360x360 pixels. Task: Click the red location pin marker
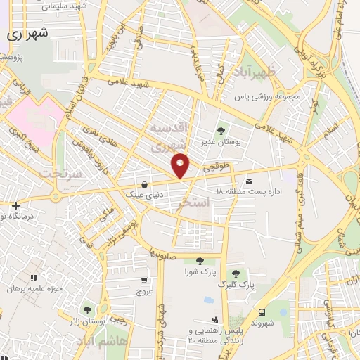pyautogui.click(x=181, y=165)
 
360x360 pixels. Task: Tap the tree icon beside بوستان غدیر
pyautogui.click(x=221, y=130)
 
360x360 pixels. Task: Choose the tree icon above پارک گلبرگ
pyautogui.click(x=236, y=274)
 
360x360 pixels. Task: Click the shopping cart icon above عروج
pyautogui.click(x=144, y=279)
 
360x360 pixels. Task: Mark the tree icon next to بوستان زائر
pyautogui.click(x=87, y=309)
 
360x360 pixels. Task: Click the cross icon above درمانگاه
pyautogui.click(x=15, y=205)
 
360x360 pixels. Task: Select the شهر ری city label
pyautogui.click(x=28, y=33)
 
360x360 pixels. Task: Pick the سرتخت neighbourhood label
pyautogui.click(x=58, y=172)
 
